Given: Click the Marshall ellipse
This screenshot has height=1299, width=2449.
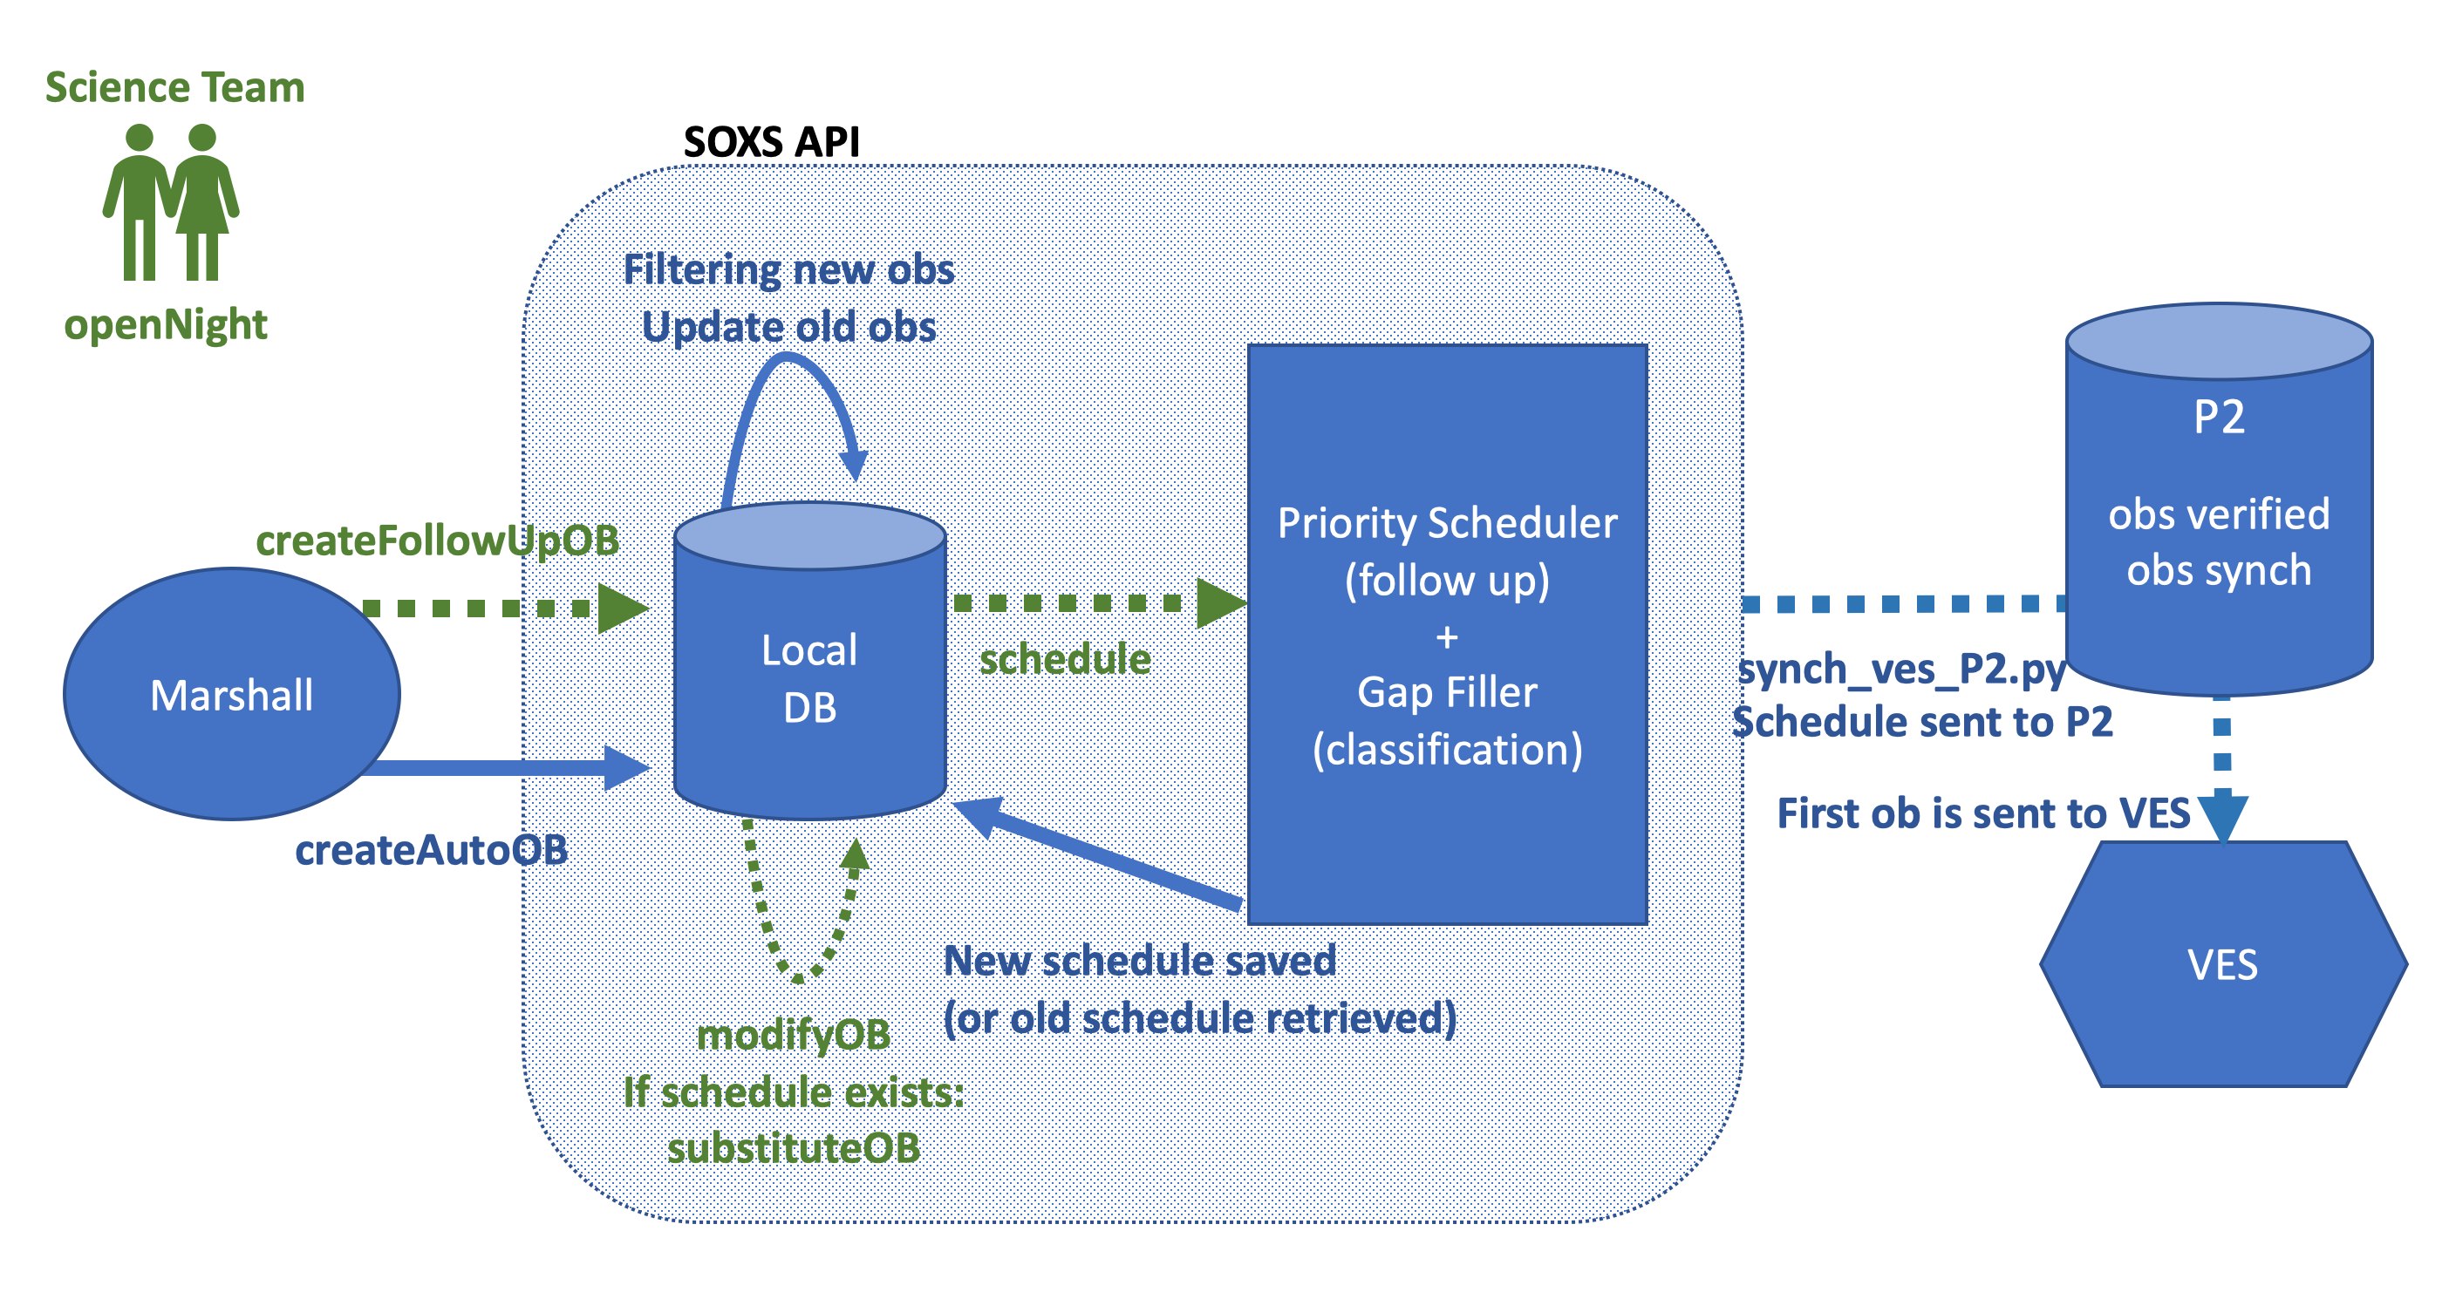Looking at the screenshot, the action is pyautogui.click(x=232, y=694).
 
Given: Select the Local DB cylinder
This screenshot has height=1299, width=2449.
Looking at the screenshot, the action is pyautogui.click(x=810, y=661).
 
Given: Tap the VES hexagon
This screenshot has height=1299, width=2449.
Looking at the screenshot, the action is pyautogui.click(x=2223, y=963).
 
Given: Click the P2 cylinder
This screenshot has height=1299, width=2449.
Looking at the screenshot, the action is pyautogui.click(x=2219, y=499).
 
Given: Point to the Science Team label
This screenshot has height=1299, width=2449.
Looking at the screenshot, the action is pyautogui.click(x=175, y=87).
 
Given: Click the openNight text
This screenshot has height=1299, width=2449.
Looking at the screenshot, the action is pyautogui.click(x=166, y=325).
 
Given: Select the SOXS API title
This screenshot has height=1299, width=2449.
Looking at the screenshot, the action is pyautogui.click(x=771, y=142).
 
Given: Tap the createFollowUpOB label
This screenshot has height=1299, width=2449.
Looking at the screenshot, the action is pyautogui.click(x=437, y=541).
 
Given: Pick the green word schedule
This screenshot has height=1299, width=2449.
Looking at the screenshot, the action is pyautogui.click(x=1065, y=658).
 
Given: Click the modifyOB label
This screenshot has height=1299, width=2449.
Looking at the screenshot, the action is pyautogui.click(x=794, y=1035).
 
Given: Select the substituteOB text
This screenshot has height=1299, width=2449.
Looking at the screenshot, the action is pyautogui.click(x=794, y=1148).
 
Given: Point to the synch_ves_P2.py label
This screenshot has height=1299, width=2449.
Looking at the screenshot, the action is pyautogui.click(x=1901, y=670).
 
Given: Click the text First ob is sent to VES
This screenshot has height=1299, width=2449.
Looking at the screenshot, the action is pyautogui.click(x=1984, y=813).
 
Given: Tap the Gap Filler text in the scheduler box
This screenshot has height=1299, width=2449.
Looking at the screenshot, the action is pyautogui.click(x=1447, y=692).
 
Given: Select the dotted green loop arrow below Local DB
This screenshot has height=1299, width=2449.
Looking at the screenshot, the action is pyautogui.click(x=799, y=976).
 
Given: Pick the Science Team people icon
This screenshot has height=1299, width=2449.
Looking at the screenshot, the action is pyautogui.click(x=171, y=202).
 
